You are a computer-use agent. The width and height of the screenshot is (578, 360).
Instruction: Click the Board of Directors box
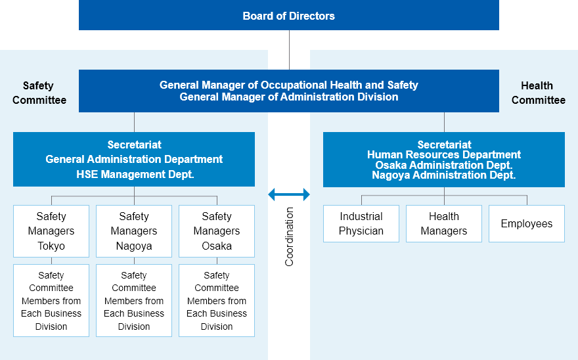pyautogui.click(x=288, y=15)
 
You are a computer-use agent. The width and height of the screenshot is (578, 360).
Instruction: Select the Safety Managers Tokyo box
pyautogui.click(x=51, y=231)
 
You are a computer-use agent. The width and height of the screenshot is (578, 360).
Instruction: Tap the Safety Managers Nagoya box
pyautogui.click(x=134, y=231)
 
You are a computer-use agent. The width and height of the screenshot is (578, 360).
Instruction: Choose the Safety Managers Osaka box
pyautogui.click(x=217, y=231)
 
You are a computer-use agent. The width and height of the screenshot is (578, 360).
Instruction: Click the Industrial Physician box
pyautogui.click(x=361, y=223)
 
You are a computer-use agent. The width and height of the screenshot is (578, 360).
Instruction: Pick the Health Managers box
pyautogui.click(x=444, y=223)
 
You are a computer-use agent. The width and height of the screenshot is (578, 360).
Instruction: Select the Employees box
pyautogui.click(x=527, y=223)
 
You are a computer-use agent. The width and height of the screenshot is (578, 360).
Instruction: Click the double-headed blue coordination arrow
pyautogui.click(x=289, y=194)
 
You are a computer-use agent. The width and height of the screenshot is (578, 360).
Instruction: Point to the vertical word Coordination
pyautogui.click(x=289, y=236)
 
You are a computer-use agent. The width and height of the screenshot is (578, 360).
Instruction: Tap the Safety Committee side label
pyautogui.click(x=39, y=93)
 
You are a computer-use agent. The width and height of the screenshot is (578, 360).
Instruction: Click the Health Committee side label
pyautogui.click(x=538, y=93)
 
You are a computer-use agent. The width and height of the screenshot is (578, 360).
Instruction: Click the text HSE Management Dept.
pyautogui.click(x=135, y=174)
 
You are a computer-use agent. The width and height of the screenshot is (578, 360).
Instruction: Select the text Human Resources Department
pyautogui.click(x=444, y=154)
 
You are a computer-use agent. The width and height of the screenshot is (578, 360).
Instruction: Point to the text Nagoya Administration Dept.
pyautogui.click(x=444, y=175)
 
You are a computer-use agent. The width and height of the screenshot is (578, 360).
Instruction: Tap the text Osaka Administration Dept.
pyautogui.click(x=444, y=165)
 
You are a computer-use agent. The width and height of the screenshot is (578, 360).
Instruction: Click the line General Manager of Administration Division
pyautogui.click(x=289, y=97)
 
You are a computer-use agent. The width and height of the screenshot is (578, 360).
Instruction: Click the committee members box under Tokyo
pyautogui.click(x=51, y=300)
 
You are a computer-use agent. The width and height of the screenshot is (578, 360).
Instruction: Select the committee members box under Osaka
pyautogui.click(x=217, y=300)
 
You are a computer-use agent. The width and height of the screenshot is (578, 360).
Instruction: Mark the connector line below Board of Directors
pyautogui.click(x=290, y=50)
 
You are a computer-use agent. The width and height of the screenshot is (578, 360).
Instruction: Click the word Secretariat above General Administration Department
pyautogui.click(x=134, y=145)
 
